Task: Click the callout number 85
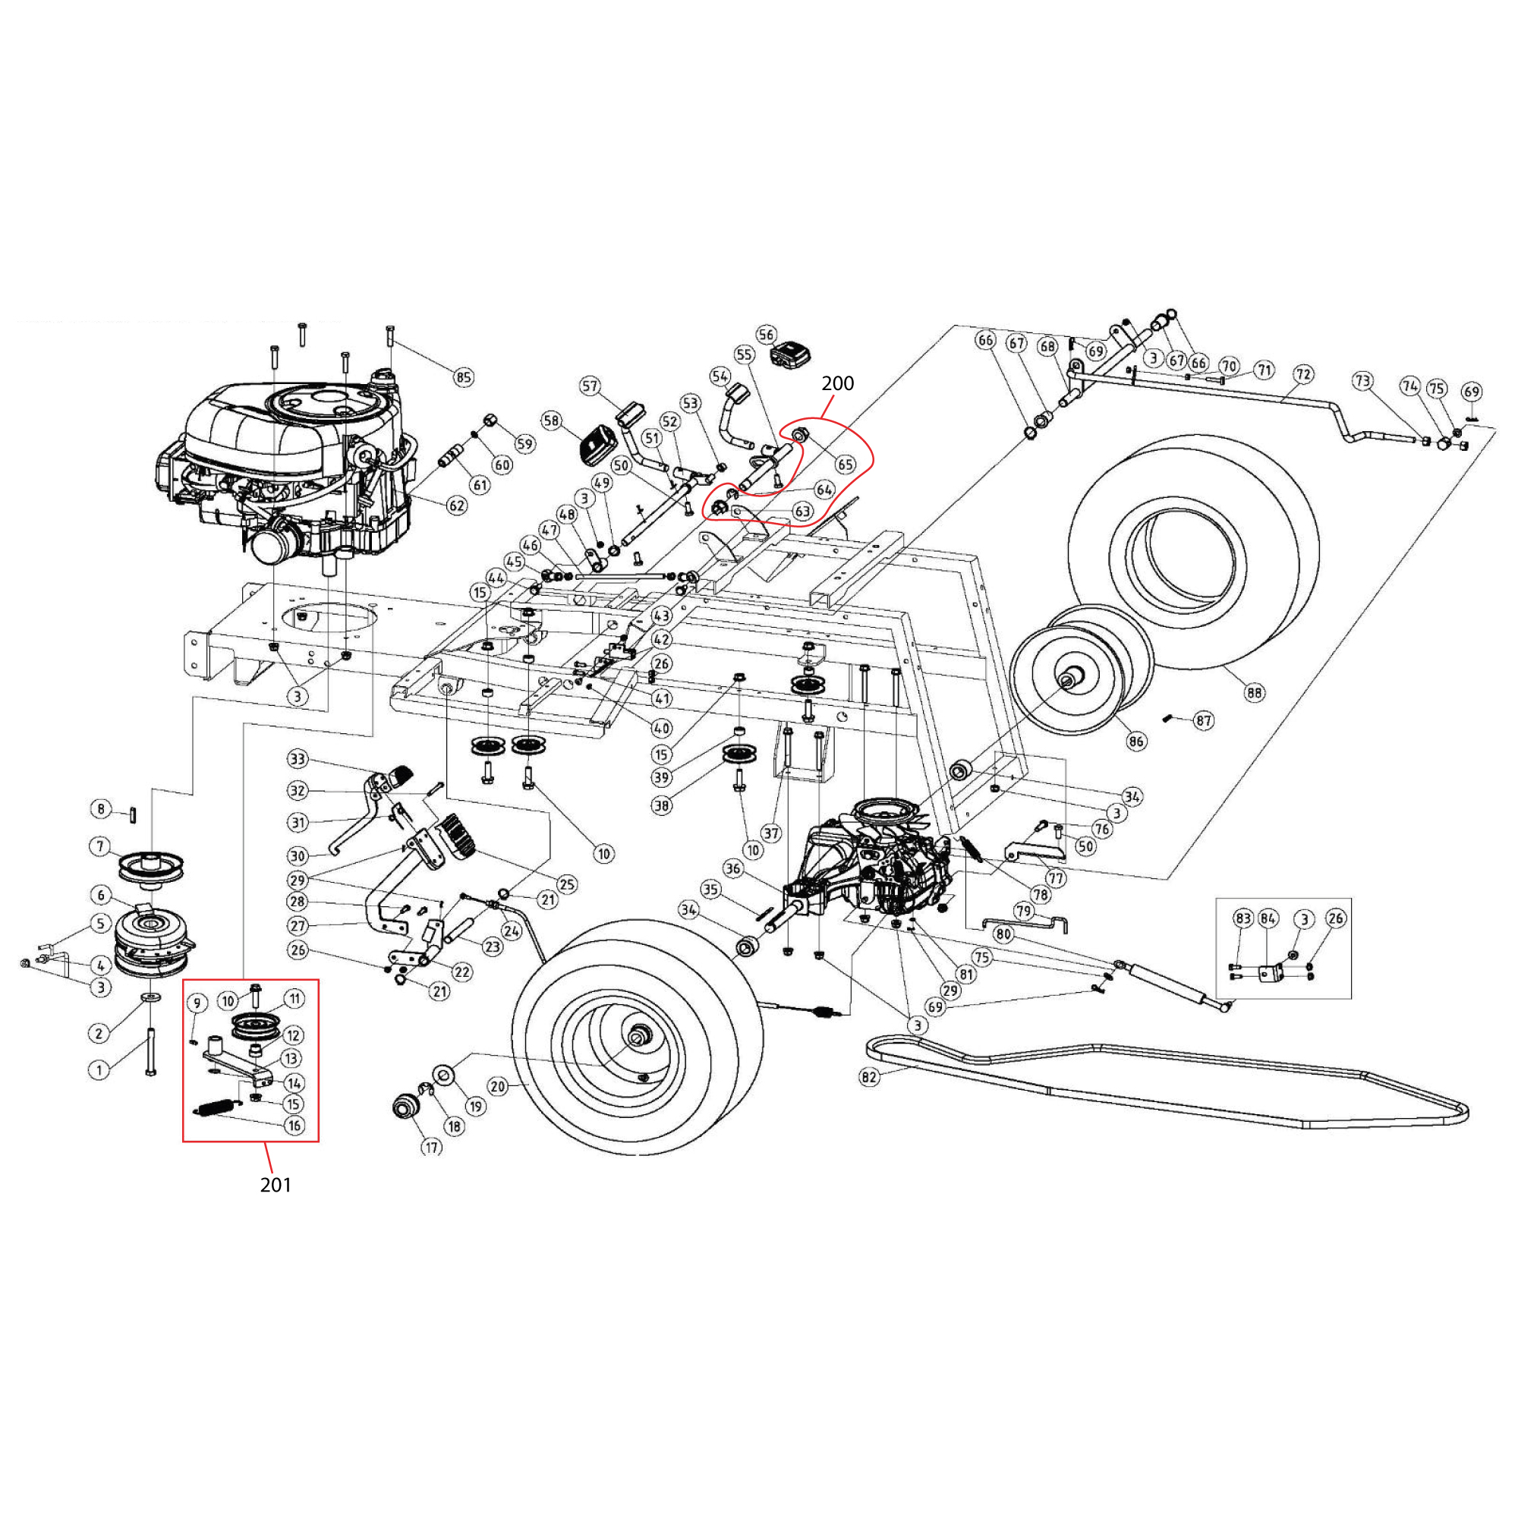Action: tap(464, 377)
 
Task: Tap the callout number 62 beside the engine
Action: tap(456, 505)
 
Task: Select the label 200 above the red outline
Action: tap(838, 383)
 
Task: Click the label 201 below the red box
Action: tap(276, 1185)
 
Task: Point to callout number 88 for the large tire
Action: tap(1255, 692)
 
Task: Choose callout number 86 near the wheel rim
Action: tap(1136, 740)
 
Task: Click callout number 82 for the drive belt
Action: tap(869, 1076)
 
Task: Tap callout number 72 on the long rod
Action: tap(1303, 374)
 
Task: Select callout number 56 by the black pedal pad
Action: tap(766, 335)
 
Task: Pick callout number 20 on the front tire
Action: tap(498, 1087)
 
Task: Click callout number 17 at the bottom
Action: tap(431, 1147)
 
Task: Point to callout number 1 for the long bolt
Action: tap(99, 1069)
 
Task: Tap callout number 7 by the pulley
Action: tap(99, 846)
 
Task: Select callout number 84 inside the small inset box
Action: tap(1268, 918)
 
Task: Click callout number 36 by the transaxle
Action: tap(733, 868)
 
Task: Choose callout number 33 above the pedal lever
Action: tap(297, 759)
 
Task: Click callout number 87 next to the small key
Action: tap(1204, 720)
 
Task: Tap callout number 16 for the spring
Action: tap(294, 1125)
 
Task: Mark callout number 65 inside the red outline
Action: tap(846, 465)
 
